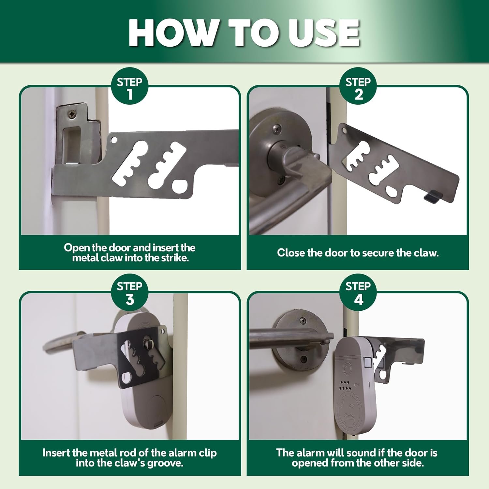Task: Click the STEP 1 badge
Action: [x=130, y=86]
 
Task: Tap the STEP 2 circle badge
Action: [x=358, y=86]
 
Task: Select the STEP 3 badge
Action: [x=130, y=292]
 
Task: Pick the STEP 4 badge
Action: [x=358, y=292]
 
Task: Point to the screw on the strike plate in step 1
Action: [x=72, y=114]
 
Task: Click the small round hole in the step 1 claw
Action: [x=114, y=140]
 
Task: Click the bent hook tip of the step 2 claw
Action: [x=434, y=197]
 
